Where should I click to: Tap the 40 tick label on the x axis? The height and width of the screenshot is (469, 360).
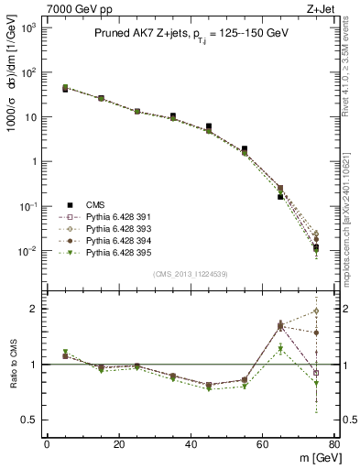(191, 444)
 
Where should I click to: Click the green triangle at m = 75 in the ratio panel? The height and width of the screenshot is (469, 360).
(316, 384)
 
